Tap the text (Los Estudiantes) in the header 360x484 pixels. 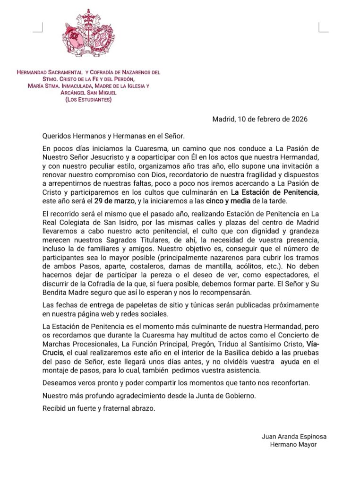pyautogui.click(x=89, y=99)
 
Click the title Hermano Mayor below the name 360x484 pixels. pyautogui.click(x=293, y=444)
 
